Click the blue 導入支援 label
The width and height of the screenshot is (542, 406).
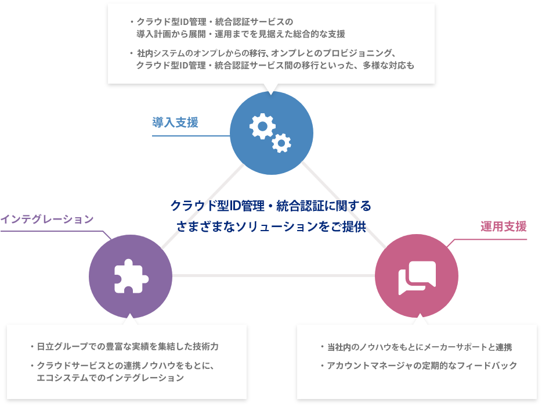pyautogui.click(x=175, y=123)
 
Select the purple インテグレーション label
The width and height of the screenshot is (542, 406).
pyautogui.click(x=47, y=219)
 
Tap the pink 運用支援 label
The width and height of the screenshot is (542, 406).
pyautogui.click(x=503, y=227)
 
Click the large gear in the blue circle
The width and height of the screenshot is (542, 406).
pyautogui.click(x=262, y=125)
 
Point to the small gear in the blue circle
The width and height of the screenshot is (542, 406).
pyautogui.click(x=281, y=142)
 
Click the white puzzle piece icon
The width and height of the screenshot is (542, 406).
pyautogui.click(x=130, y=275)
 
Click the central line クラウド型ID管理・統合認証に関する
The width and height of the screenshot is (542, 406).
pyautogui.click(x=270, y=206)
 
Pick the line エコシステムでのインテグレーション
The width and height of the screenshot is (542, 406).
pyautogui.click(x=110, y=378)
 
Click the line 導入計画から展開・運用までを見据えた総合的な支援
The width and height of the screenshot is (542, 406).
pyautogui.click(x=240, y=34)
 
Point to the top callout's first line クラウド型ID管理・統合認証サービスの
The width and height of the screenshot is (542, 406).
pyautogui.click(x=215, y=23)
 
